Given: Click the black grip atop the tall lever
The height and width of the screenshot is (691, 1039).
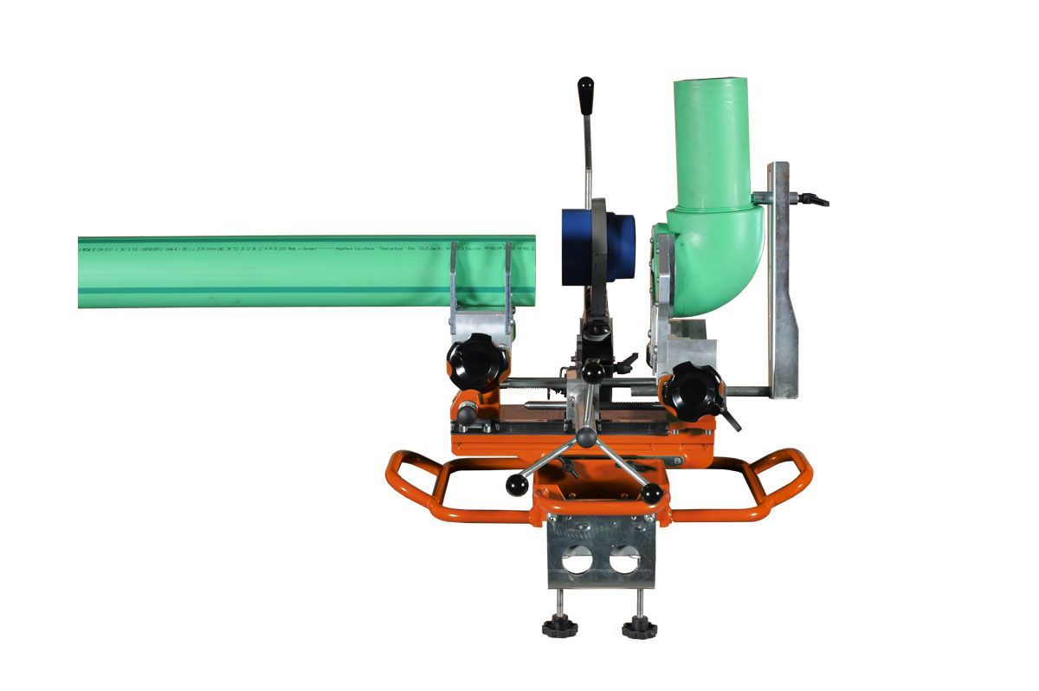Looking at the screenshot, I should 586,90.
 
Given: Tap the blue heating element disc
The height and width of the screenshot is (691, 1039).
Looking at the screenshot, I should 597,246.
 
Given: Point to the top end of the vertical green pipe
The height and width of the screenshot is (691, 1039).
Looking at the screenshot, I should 710,83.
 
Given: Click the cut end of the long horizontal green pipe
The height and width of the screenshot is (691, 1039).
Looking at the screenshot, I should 530,272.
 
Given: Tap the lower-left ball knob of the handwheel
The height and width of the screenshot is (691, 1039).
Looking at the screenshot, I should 517,486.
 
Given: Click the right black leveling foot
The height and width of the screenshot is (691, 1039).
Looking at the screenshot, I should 639,627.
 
